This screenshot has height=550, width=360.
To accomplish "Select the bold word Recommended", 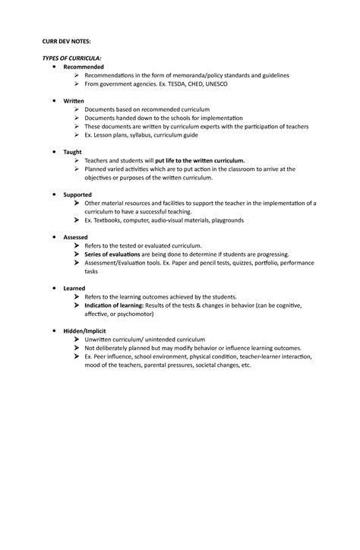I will click(84, 68).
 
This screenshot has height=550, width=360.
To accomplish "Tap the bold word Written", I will click(74, 101).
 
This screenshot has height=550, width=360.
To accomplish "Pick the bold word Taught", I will click(73, 152).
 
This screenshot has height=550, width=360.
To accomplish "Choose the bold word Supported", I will click(77, 194).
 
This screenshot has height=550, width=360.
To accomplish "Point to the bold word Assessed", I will click(76, 237).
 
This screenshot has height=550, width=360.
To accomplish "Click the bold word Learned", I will click(74, 289).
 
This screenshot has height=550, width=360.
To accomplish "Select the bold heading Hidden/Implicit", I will click(85, 332).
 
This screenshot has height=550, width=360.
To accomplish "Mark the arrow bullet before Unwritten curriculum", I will click(77, 340).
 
